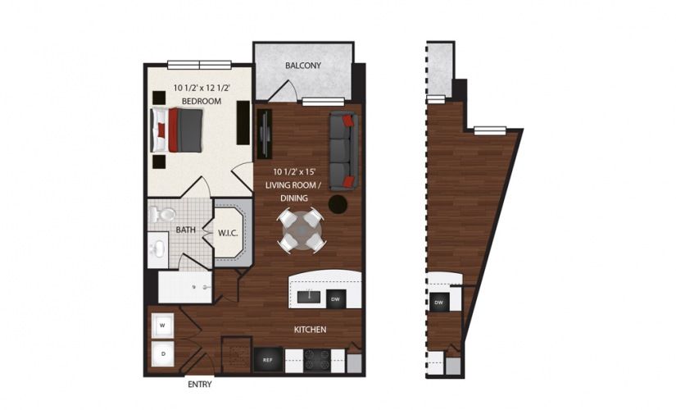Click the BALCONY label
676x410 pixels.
point(303,66)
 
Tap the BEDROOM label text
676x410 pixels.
point(202,102)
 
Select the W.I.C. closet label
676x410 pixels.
point(228,233)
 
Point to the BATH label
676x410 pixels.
point(185,230)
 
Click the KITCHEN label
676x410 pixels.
point(310,330)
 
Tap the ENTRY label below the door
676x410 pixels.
point(200,384)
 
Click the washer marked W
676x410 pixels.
point(162,326)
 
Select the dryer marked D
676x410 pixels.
point(162,354)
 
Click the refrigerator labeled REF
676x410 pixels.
point(268,359)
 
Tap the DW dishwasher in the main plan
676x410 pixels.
point(336,299)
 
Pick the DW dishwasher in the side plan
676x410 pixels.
point(439,303)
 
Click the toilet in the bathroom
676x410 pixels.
point(162,215)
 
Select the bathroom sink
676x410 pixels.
point(159,249)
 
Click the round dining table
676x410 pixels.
point(301,230)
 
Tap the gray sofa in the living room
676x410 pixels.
point(343,151)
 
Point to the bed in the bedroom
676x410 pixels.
point(176,130)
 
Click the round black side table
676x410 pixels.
point(338,204)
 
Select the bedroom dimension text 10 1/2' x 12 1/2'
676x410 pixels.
point(202,88)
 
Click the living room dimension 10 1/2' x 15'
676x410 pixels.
point(294,171)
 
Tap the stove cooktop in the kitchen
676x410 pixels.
point(317,360)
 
